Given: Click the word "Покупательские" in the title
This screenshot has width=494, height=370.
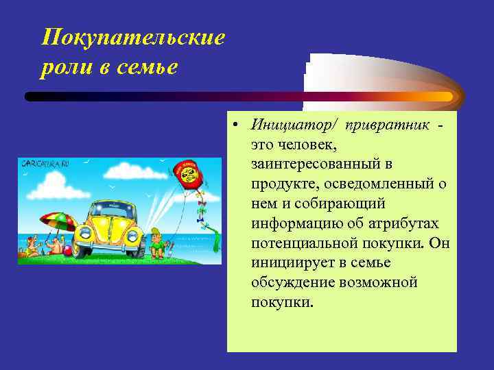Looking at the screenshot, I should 133,37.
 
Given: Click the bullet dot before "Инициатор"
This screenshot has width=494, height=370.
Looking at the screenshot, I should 235,126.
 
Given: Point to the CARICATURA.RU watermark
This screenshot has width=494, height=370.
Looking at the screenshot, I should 45,164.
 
